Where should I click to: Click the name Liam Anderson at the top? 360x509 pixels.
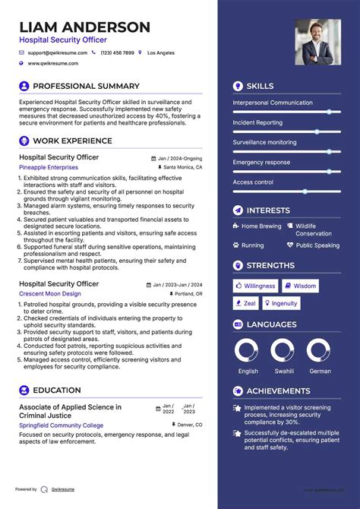click(85, 27)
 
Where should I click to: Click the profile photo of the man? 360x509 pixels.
click(317, 42)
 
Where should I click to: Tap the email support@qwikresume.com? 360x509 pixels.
click(58, 53)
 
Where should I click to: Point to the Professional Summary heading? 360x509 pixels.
click(86, 86)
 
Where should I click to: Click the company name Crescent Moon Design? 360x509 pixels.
click(50, 293)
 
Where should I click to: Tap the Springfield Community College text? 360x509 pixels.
click(61, 425)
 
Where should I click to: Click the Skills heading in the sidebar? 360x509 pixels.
click(260, 86)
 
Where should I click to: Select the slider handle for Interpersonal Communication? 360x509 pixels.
click(329, 112)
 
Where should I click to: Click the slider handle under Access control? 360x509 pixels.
click(305, 191)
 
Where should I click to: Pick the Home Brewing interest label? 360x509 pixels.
click(261, 226)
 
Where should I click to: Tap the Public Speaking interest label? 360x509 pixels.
click(317, 245)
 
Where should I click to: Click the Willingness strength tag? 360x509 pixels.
click(255, 286)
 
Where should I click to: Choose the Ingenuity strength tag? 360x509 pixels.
click(281, 303)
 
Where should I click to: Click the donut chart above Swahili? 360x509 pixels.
click(283, 350)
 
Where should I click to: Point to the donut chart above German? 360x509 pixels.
click(318, 350)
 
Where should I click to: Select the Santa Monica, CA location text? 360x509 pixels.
click(182, 166)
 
